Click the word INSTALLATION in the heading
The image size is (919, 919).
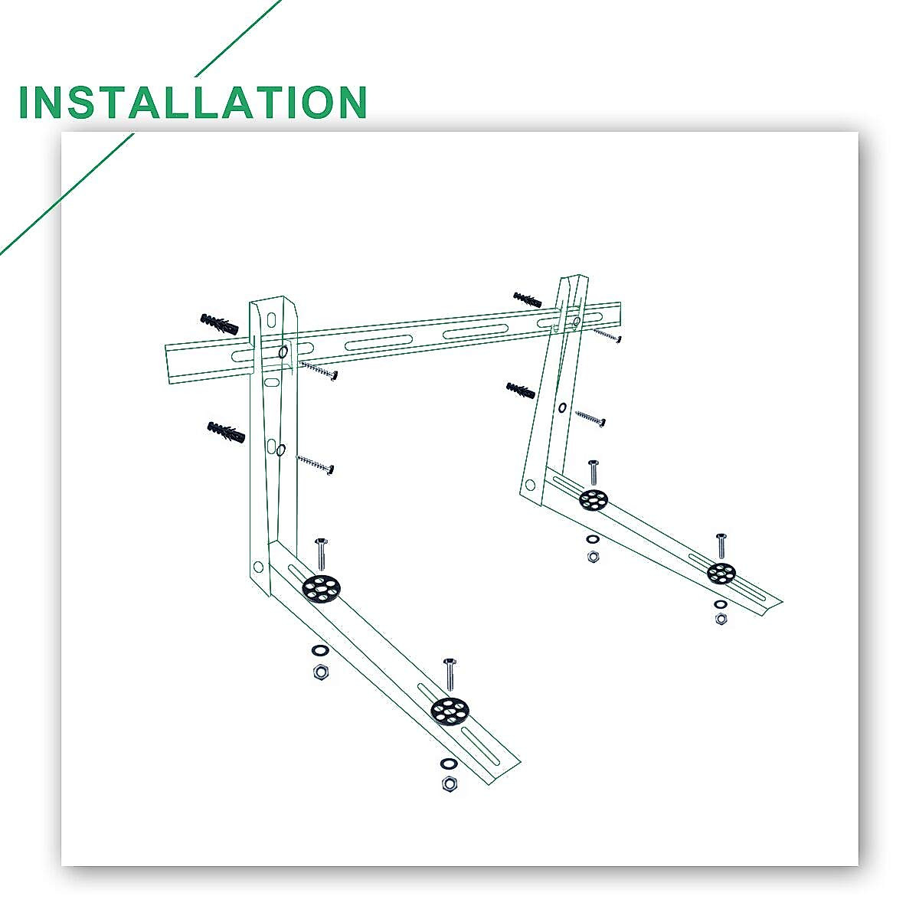tap(192, 103)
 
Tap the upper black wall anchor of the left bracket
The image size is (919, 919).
tap(219, 324)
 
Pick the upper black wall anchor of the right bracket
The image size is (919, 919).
tap(528, 299)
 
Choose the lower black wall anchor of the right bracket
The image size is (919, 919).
tap(521, 391)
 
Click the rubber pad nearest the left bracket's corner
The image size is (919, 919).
tap(322, 588)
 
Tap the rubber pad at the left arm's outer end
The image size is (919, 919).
tap(449, 711)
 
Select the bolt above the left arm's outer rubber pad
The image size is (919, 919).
tap(450, 673)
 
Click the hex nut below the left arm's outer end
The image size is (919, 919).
tap(450, 784)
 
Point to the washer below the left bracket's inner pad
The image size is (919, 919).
tap(320, 651)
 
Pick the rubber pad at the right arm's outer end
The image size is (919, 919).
tap(721, 572)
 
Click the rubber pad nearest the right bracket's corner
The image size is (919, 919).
tap(594, 500)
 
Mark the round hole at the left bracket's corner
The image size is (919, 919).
tap(258, 567)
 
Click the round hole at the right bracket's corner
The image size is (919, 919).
tap(529, 484)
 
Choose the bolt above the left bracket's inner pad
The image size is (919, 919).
tap(321, 553)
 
